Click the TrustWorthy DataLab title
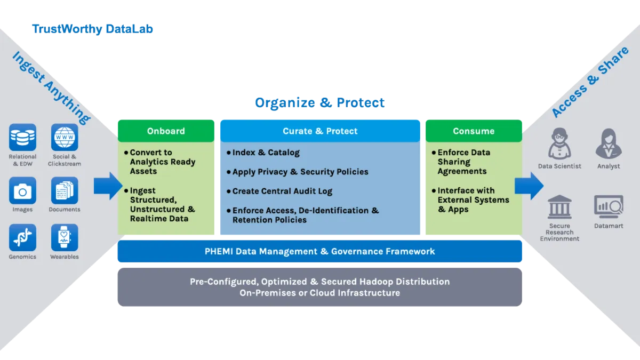92,29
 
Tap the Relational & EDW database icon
22,138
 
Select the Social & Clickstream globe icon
65,138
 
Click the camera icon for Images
22,190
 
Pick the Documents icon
65,190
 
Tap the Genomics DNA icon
22,238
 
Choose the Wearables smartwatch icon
65,238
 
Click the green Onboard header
166,131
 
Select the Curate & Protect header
320,131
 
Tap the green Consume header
474,131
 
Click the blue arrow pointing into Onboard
108,186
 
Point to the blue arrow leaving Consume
529,186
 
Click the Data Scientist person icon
559,143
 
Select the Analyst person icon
609,143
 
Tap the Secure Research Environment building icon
559,206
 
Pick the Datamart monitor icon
609,206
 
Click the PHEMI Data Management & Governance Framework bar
319,251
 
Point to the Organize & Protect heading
319,102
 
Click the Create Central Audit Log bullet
279,191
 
